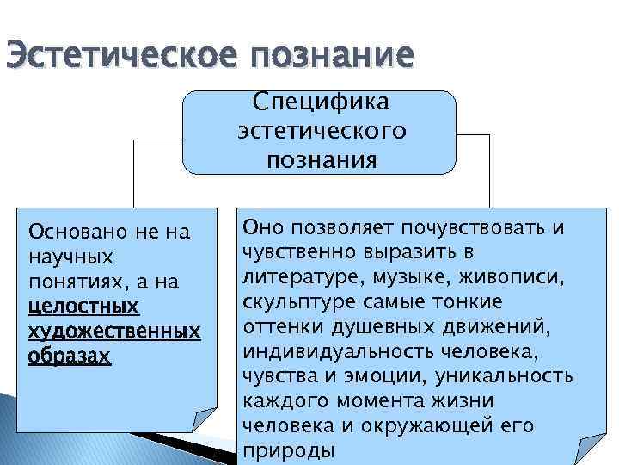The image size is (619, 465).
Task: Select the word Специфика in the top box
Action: point(321,102)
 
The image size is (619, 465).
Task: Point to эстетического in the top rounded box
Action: point(321,131)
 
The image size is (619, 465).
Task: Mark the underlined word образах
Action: point(70,356)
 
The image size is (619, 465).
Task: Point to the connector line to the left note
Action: point(133,172)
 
